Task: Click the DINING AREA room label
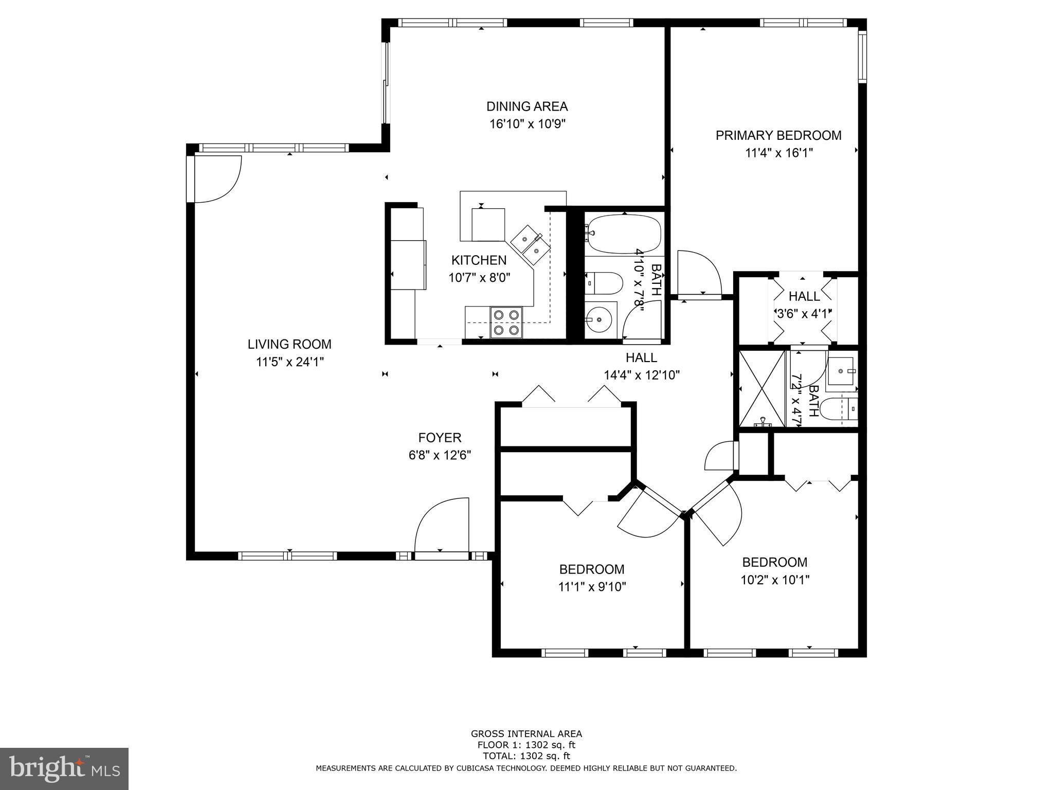pos(527,106)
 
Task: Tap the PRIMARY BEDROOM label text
pos(778,135)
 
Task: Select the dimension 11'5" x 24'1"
pos(290,362)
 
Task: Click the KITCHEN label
pos(479,260)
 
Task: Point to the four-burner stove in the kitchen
pos(506,322)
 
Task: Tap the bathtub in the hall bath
pos(624,234)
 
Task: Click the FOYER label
pos(440,438)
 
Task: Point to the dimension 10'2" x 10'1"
pos(775,580)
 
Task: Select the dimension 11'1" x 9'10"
pos(592,587)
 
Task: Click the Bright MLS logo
pos(64,769)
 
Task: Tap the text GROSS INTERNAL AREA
pos(526,734)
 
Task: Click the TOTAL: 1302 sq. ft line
pos(526,756)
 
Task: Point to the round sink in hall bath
pos(599,320)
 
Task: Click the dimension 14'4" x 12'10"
pos(642,375)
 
